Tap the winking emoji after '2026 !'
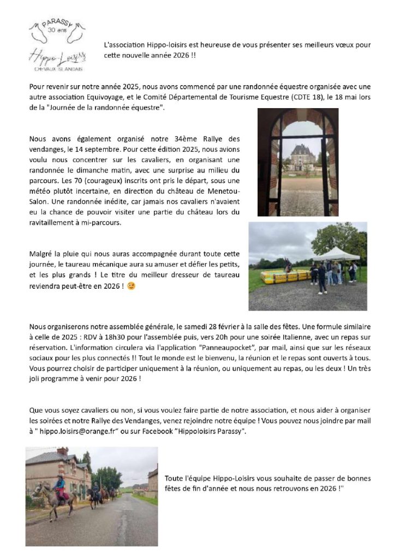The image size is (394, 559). (x=131, y=286)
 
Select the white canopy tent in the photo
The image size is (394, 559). (x=336, y=254)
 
